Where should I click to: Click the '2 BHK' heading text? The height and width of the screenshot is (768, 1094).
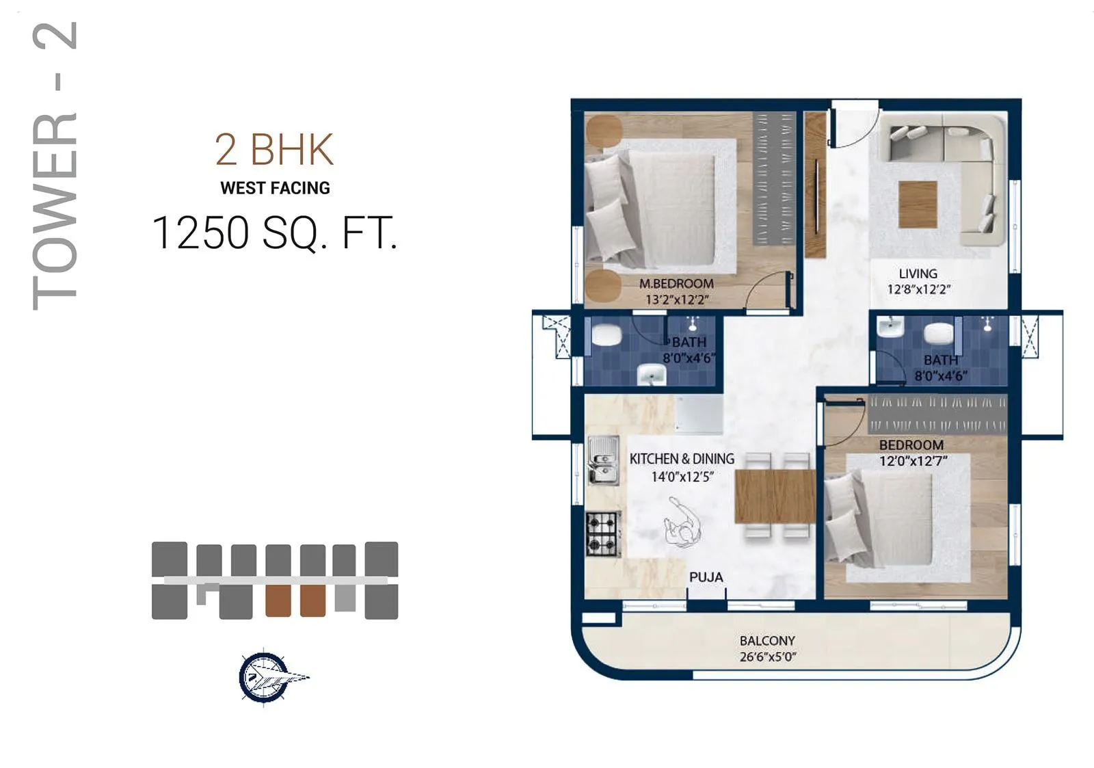click(274, 149)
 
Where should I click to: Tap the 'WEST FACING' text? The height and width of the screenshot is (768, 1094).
click(275, 188)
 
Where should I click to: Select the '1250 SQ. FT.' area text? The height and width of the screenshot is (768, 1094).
click(274, 233)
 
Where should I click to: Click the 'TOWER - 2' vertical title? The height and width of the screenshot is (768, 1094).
click(55, 165)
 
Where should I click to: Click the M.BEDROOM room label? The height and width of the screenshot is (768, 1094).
click(676, 283)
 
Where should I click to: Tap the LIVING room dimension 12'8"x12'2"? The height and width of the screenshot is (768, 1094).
click(918, 289)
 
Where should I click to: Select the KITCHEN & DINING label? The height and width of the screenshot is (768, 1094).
click(682, 459)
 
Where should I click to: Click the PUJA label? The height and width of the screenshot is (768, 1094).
click(706, 577)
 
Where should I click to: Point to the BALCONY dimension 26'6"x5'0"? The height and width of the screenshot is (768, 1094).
click(767, 657)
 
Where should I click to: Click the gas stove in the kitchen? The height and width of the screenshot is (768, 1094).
click(602, 533)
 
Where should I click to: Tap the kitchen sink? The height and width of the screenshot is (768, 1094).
click(602, 460)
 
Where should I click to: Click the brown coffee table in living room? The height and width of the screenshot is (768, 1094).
click(917, 204)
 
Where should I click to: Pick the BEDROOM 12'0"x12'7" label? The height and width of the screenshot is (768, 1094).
click(912, 453)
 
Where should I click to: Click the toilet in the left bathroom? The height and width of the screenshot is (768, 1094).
click(606, 335)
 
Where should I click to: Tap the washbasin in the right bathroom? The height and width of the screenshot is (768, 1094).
click(890, 326)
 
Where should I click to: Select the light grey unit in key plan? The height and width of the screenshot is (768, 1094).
click(345, 599)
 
